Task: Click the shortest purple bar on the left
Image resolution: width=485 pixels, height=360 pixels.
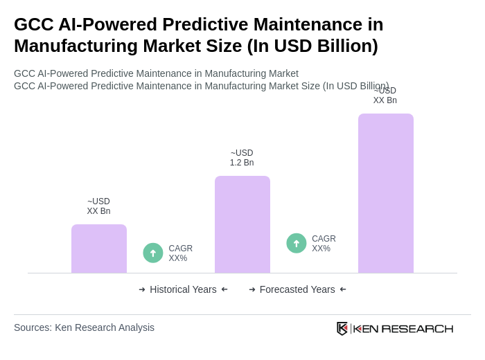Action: click(x=99, y=249)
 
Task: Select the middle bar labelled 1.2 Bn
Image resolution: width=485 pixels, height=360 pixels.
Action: click(x=242, y=224)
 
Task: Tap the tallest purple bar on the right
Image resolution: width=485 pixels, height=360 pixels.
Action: click(x=386, y=193)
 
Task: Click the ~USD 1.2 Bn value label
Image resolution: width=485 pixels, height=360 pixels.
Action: click(x=242, y=158)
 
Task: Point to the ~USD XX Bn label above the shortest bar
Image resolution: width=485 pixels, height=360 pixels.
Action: click(x=98, y=206)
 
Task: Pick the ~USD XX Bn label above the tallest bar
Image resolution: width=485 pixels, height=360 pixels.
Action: click(x=385, y=96)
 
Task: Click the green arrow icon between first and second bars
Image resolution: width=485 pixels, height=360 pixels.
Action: click(x=153, y=253)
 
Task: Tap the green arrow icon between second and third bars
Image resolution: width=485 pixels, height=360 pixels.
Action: click(x=297, y=243)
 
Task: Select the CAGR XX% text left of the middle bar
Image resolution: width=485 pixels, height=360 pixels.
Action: click(x=180, y=253)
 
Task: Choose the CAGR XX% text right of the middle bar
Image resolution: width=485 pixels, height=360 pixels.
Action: click(x=324, y=244)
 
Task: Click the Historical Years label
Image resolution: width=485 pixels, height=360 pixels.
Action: click(x=183, y=289)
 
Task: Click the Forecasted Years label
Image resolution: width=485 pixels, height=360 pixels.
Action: click(x=297, y=289)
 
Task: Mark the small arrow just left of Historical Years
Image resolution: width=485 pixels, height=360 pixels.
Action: click(x=142, y=289)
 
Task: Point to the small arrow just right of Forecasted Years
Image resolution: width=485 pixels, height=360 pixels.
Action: click(x=343, y=289)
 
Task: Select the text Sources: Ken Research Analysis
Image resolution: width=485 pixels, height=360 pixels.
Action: click(x=84, y=327)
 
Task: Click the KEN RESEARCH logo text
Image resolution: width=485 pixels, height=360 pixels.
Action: click(x=403, y=328)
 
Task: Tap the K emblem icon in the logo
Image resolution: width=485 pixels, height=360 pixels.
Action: click(x=342, y=328)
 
